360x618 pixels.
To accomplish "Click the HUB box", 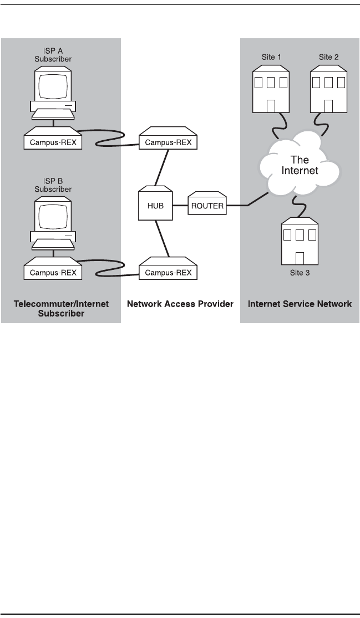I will tap(156, 205).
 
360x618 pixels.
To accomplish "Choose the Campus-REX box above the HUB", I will tap(168, 142).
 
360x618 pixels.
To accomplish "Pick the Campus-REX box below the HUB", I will tap(168, 272).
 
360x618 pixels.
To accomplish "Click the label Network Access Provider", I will tap(180, 304).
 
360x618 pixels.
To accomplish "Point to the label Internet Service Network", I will tap(300, 304).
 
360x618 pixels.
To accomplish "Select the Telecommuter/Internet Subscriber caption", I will tap(61, 308).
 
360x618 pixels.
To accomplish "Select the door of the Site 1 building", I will tap(271, 106).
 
